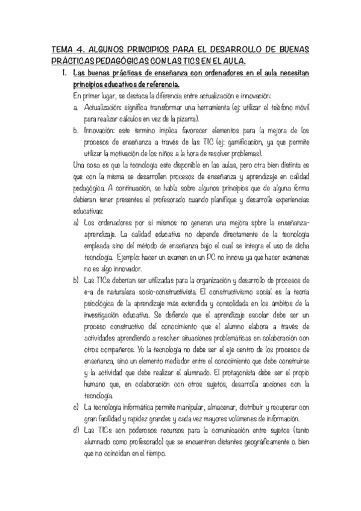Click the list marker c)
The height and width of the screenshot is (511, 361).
point(76,408)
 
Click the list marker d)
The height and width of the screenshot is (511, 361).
point(76,431)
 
